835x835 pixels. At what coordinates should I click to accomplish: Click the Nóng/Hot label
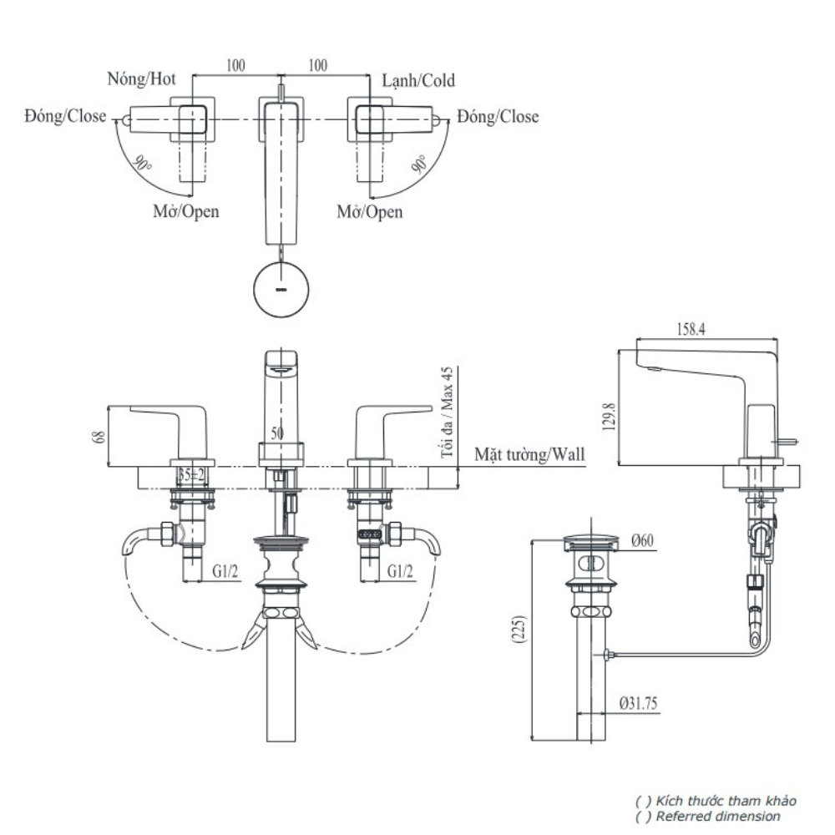click(x=140, y=80)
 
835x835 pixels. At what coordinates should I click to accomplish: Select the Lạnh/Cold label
click(x=418, y=80)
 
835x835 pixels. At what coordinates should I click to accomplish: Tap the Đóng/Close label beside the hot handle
click(x=65, y=117)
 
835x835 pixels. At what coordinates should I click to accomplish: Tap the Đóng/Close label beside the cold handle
click(x=498, y=117)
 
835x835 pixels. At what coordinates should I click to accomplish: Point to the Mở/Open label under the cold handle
click(x=369, y=211)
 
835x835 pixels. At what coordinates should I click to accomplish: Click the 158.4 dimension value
click(x=690, y=330)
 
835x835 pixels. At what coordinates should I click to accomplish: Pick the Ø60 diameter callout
click(x=641, y=541)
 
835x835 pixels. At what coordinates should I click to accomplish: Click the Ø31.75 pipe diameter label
click(x=638, y=703)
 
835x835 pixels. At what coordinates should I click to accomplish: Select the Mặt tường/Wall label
click(x=529, y=454)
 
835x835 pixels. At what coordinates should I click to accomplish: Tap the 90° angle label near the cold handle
click(x=420, y=163)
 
